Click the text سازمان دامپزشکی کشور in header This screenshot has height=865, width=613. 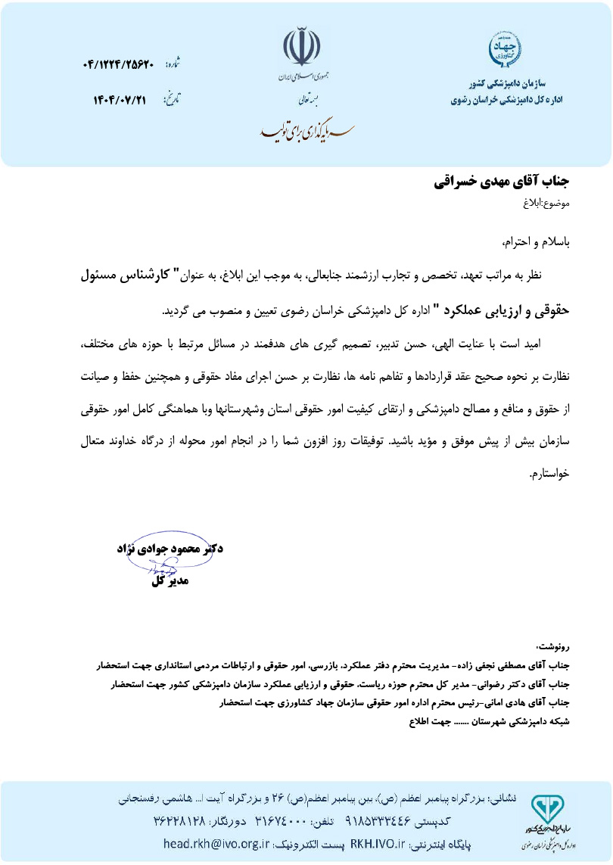518,85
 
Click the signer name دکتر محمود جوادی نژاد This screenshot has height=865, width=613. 171,547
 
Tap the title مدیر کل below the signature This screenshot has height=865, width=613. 170,581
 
